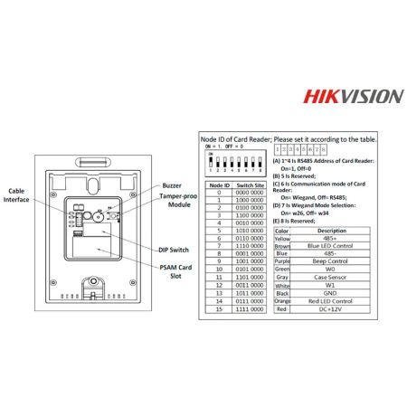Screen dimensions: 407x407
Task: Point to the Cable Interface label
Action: click(16, 196)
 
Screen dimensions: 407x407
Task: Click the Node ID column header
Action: click(220, 185)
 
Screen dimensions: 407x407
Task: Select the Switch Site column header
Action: click(251, 185)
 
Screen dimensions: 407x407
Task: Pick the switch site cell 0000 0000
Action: click(251, 193)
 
